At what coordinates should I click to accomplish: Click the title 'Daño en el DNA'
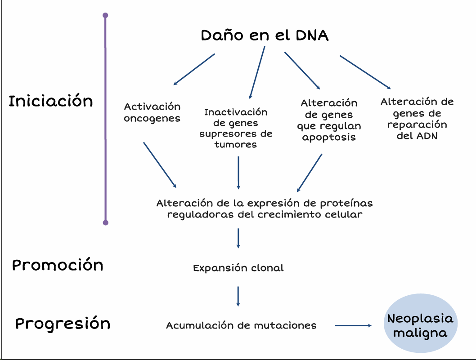pos(265,36)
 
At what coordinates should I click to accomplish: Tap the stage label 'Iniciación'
pos(51,101)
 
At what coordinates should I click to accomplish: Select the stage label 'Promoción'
pos(58,265)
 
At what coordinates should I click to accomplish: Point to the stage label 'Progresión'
pos(63,324)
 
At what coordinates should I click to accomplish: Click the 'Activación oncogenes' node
pos(152,112)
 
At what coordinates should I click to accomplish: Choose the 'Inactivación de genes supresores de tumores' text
pos(236,128)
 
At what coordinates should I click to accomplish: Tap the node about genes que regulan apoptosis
pos(329,120)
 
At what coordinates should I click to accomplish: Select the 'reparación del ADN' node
pos(417,119)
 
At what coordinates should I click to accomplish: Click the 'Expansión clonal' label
pos(238,268)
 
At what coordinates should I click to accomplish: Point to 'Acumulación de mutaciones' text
pos(241,325)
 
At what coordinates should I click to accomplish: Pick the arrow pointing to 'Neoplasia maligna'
pos(353,325)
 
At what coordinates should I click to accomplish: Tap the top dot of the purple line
pos(105,15)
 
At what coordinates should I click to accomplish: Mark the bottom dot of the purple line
pos(105,222)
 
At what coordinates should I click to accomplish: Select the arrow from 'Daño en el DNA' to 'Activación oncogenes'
pos(194,69)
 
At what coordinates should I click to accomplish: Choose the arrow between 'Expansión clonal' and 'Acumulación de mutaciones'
pos(238,297)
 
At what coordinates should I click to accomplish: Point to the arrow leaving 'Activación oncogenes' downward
pos(160,165)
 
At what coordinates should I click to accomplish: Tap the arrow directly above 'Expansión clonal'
pos(238,238)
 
